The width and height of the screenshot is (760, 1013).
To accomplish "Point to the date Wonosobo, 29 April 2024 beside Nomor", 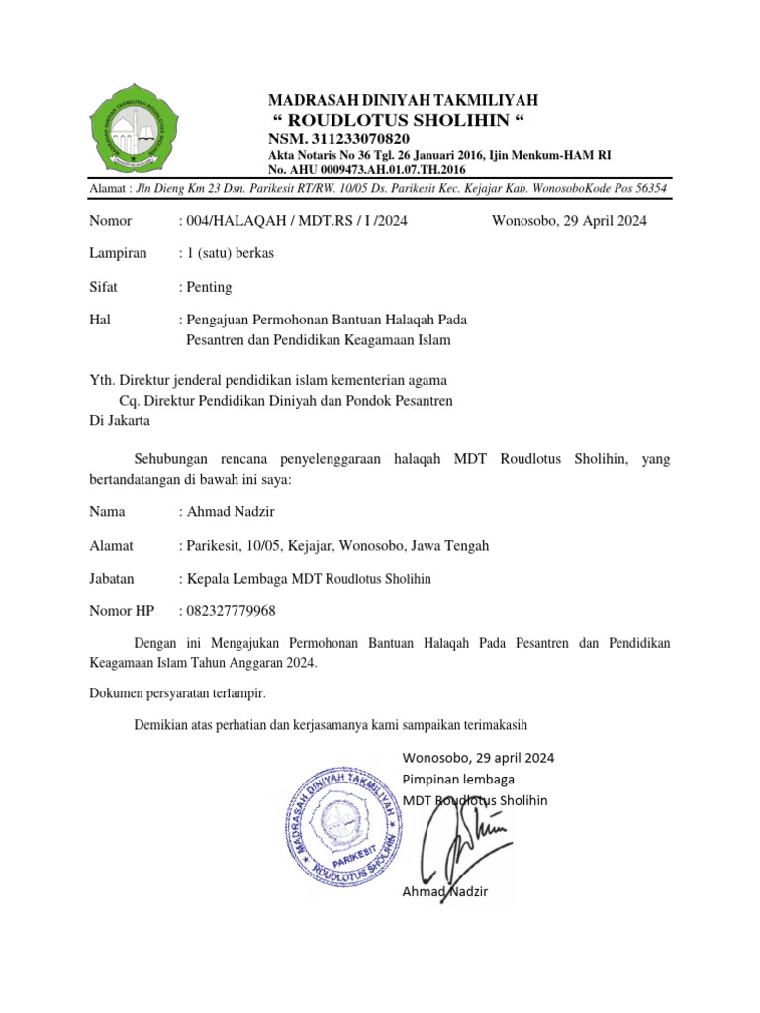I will coord(569,220).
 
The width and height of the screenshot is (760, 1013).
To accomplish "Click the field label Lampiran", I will coord(118,253).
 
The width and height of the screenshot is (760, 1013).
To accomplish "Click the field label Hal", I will coord(99,321).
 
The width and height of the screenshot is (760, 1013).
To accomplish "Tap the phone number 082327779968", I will coord(231,610).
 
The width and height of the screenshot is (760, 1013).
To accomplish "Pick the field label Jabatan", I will coord(112,578).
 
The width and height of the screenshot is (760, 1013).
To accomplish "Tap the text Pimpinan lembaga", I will coord(458,779).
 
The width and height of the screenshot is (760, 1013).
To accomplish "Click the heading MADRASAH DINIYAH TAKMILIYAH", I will coord(405,100).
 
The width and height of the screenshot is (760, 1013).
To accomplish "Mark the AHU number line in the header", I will coord(367,170).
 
